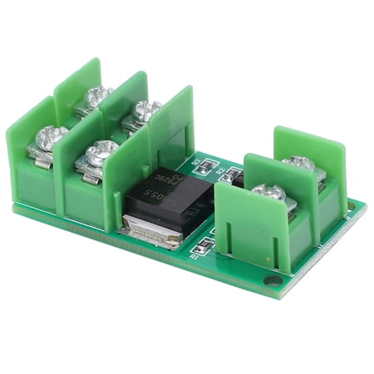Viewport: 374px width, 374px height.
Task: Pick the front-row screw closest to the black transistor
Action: click(100, 151)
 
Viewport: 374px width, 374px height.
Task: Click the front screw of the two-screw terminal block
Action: click(268, 193)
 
